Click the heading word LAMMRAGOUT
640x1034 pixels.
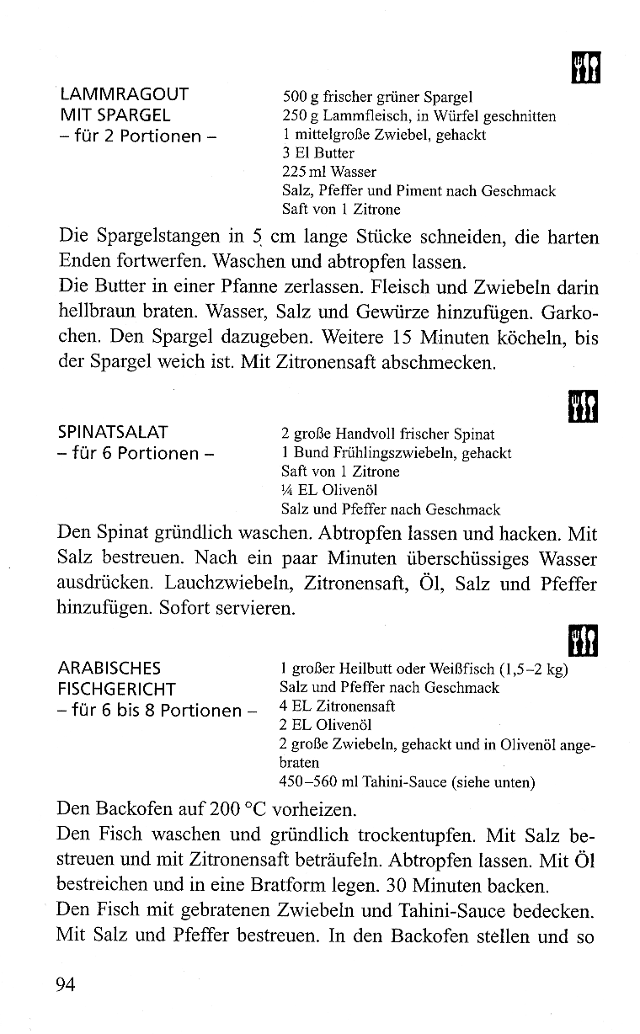pyautogui.click(x=123, y=94)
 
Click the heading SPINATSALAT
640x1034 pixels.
pyautogui.click(x=112, y=433)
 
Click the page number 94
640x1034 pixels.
pyautogui.click(x=67, y=983)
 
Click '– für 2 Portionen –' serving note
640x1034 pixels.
pyautogui.click(x=134, y=136)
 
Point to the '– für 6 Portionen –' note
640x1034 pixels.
pyautogui.click(x=134, y=454)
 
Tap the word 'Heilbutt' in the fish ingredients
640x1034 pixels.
pyautogui.click(x=363, y=669)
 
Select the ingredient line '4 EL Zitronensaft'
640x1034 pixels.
pyautogui.click(x=337, y=706)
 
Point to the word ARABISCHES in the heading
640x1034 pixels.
pyautogui.click(x=109, y=669)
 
